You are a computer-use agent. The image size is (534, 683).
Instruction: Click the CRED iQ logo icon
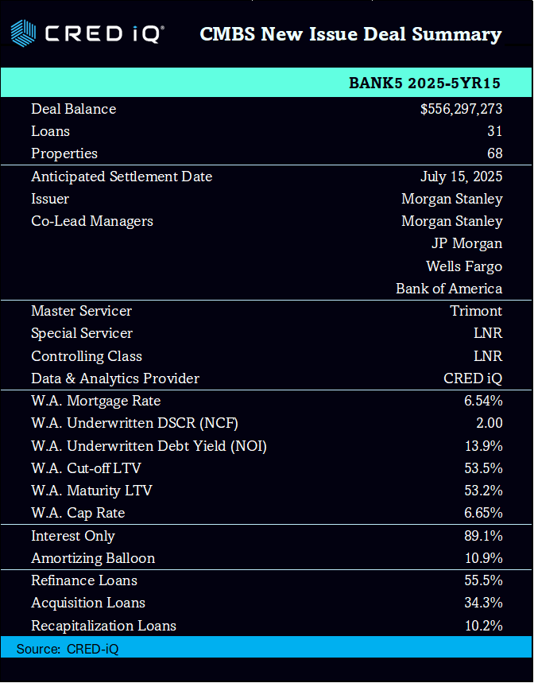(x=24, y=34)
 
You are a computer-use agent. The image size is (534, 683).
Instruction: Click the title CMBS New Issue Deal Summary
(x=350, y=35)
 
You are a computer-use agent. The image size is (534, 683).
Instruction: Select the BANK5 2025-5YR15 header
(x=424, y=83)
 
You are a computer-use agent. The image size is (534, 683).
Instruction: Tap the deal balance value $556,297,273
(x=461, y=109)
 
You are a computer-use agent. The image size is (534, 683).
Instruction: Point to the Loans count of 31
(x=494, y=131)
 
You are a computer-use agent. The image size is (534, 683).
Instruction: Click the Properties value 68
(x=494, y=153)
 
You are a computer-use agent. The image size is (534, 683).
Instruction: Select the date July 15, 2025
(x=461, y=177)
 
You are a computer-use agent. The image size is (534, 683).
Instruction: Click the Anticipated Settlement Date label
(x=122, y=177)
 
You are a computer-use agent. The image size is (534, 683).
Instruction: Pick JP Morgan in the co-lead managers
(x=466, y=243)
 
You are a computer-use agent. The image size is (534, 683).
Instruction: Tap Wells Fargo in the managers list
(x=464, y=266)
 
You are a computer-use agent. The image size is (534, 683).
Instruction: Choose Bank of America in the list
(x=449, y=289)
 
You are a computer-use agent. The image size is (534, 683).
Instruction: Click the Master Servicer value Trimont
(x=476, y=311)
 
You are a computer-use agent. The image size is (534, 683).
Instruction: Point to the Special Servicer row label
(x=82, y=333)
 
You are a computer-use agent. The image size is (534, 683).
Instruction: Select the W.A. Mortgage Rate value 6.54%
(x=483, y=401)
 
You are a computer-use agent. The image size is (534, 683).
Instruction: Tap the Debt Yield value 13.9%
(x=483, y=446)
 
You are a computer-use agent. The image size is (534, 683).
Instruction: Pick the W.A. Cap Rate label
(x=78, y=513)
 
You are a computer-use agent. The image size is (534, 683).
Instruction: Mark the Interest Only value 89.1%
(x=483, y=536)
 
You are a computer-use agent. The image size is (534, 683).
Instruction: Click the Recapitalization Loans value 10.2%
(x=483, y=626)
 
